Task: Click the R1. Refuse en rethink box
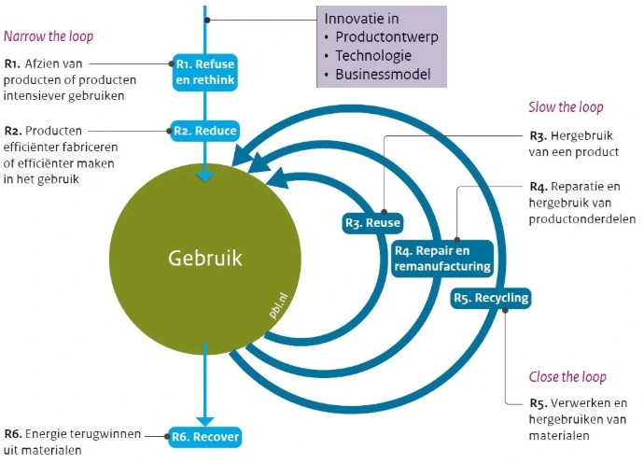[x=205, y=72]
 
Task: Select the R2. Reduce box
[x=205, y=131]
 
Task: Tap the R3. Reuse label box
[x=372, y=223]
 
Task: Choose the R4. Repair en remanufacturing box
[x=442, y=259]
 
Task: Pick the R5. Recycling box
[x=490, y=298]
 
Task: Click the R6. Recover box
[x=205, y=437]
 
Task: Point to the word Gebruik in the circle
[x=205, y=258]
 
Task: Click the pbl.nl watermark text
[x=278, y=306]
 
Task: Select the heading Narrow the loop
[x=49, y=36]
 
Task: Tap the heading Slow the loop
[x=566, y=107]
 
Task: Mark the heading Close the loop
[x=567, y=377]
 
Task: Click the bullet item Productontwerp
[x=386, y=37]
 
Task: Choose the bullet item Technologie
[x=373, y=55]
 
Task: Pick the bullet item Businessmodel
[x=383, y=75]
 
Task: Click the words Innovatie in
[x=361, y=19]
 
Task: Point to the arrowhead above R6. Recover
[x=205, y=421]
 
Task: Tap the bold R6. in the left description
[x=13, y=434]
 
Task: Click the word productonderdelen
[x=582, y=219]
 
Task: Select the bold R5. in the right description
[x=538, y=403]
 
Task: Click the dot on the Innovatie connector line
[x=207, y=20]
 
